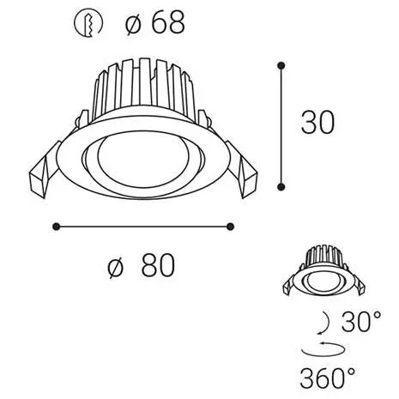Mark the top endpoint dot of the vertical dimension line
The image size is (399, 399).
coord(281,63)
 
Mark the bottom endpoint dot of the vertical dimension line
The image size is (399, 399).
coord(281,184)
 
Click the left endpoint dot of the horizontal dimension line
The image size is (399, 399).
coord(57,227)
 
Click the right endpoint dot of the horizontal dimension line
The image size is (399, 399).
coord(230,227)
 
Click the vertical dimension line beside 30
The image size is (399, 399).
coord(281,124)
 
